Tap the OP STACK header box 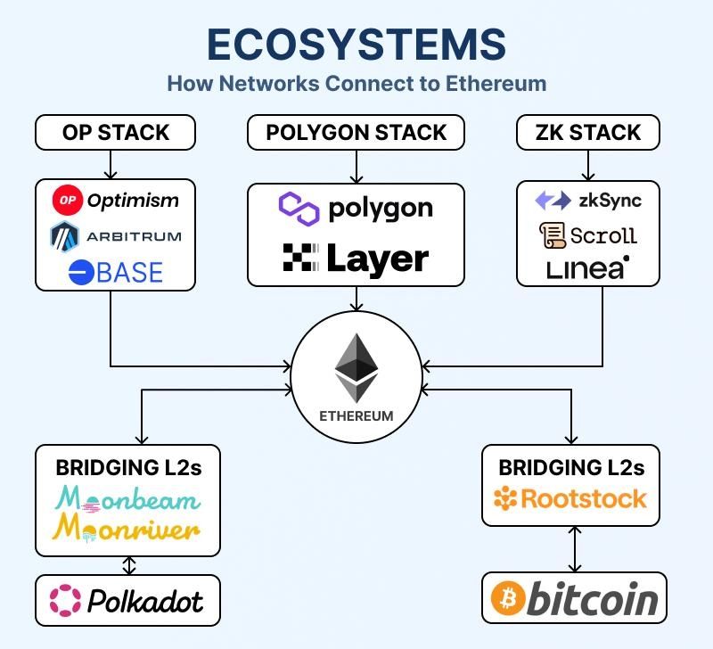tap(115, 133)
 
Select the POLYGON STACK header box tap(356, 133)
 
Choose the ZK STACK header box tap(588, 133)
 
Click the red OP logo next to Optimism tap(67, 200)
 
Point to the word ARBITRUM tap(134, 236)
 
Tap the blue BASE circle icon tap(81, 273)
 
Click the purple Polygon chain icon tap(299, 209)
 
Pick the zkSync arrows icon tap(553, 201)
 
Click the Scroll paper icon tap(553, 235)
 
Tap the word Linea tap(587, 267)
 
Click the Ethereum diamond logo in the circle tap(356, 367)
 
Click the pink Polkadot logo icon tap(65, 600)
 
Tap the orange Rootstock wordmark tap(570, 498)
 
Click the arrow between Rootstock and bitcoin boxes tap(575, 548)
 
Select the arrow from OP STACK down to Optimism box tap(111, 164)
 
